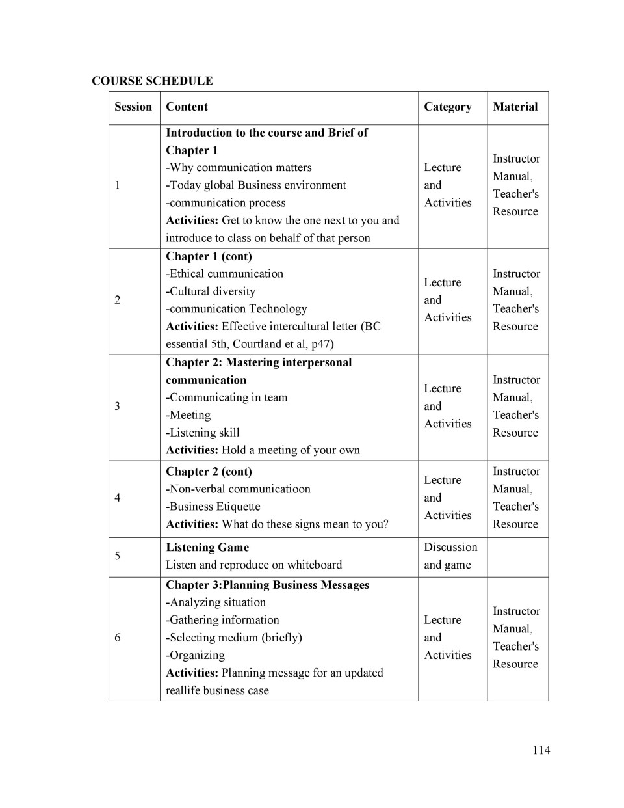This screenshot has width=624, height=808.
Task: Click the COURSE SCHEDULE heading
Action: click(x=152, y=81)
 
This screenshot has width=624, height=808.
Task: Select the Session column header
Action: click(x=133, y=107)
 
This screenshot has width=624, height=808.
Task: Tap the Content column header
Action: click(x=187, y=107)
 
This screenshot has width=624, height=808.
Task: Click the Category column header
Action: click(x=447, y=107)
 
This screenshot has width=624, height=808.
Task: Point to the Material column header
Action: click(x=515, y=107)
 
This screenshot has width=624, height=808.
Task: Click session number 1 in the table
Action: click(x=118, y=185)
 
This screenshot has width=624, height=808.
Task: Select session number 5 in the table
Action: click(x=118, y=556)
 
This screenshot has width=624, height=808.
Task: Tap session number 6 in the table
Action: click(x=118, y=638)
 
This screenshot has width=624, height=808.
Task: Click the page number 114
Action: click(x=541, y=750)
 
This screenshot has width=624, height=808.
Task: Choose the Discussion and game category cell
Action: click(x=450, y=556)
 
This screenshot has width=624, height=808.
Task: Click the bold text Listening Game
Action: click(x=207, y=547)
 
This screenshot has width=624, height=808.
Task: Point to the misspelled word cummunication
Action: click(x=245, y=274)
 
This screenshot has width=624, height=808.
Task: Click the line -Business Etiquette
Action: click(x=213, y=507)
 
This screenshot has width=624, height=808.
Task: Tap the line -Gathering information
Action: click(x=222, y=620)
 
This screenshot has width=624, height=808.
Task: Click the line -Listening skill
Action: click(x=203, y=433)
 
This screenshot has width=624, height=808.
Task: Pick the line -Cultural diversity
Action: click(x=211, y=291)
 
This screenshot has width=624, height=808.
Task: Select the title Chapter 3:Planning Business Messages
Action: click(x=267, y=585)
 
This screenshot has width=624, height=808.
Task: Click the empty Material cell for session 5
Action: click(x=517, y=556)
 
